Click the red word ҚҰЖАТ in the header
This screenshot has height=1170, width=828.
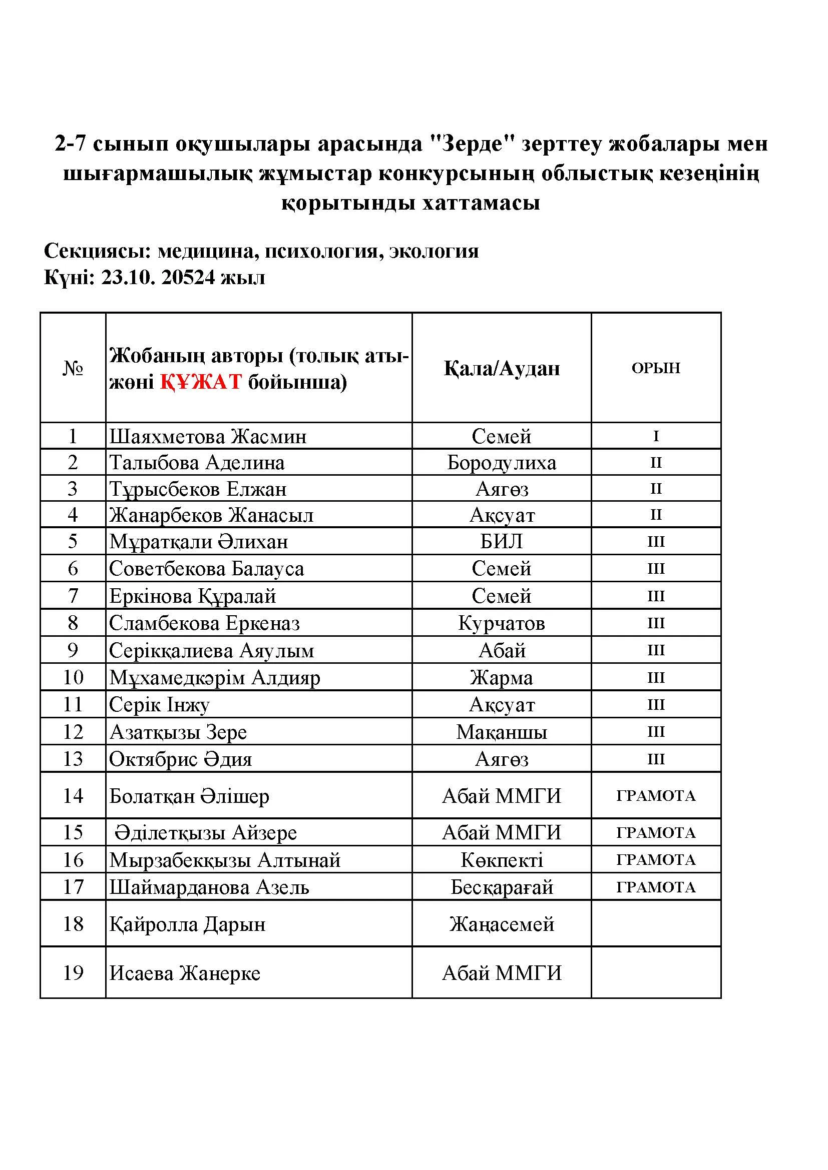pos(201,382)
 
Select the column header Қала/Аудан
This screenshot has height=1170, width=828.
pos(502,368)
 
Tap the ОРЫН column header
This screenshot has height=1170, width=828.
pos(656,368)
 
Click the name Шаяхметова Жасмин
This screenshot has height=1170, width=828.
pos(208,436)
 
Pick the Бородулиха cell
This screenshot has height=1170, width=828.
pos(502,463)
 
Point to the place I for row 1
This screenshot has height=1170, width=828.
pos(656,436)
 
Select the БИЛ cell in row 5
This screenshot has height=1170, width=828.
pos(502,541)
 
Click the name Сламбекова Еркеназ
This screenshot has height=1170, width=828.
pos(204,623)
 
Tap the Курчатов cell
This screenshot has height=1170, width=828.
pos(502,623)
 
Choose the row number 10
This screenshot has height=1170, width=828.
pos(73,677)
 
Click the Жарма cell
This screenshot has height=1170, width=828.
pos(502,678)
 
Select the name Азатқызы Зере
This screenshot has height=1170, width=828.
pos(178,732)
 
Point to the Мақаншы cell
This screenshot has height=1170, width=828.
pos(502,732)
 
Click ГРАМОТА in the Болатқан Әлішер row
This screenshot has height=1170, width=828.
pos(656,796)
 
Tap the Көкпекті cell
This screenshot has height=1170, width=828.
pos(502,860)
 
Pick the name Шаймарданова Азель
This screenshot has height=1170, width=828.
pos(209,887)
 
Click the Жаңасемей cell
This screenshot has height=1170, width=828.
pos(502,924)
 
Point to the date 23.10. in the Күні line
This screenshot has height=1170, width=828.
pos(128,278)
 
